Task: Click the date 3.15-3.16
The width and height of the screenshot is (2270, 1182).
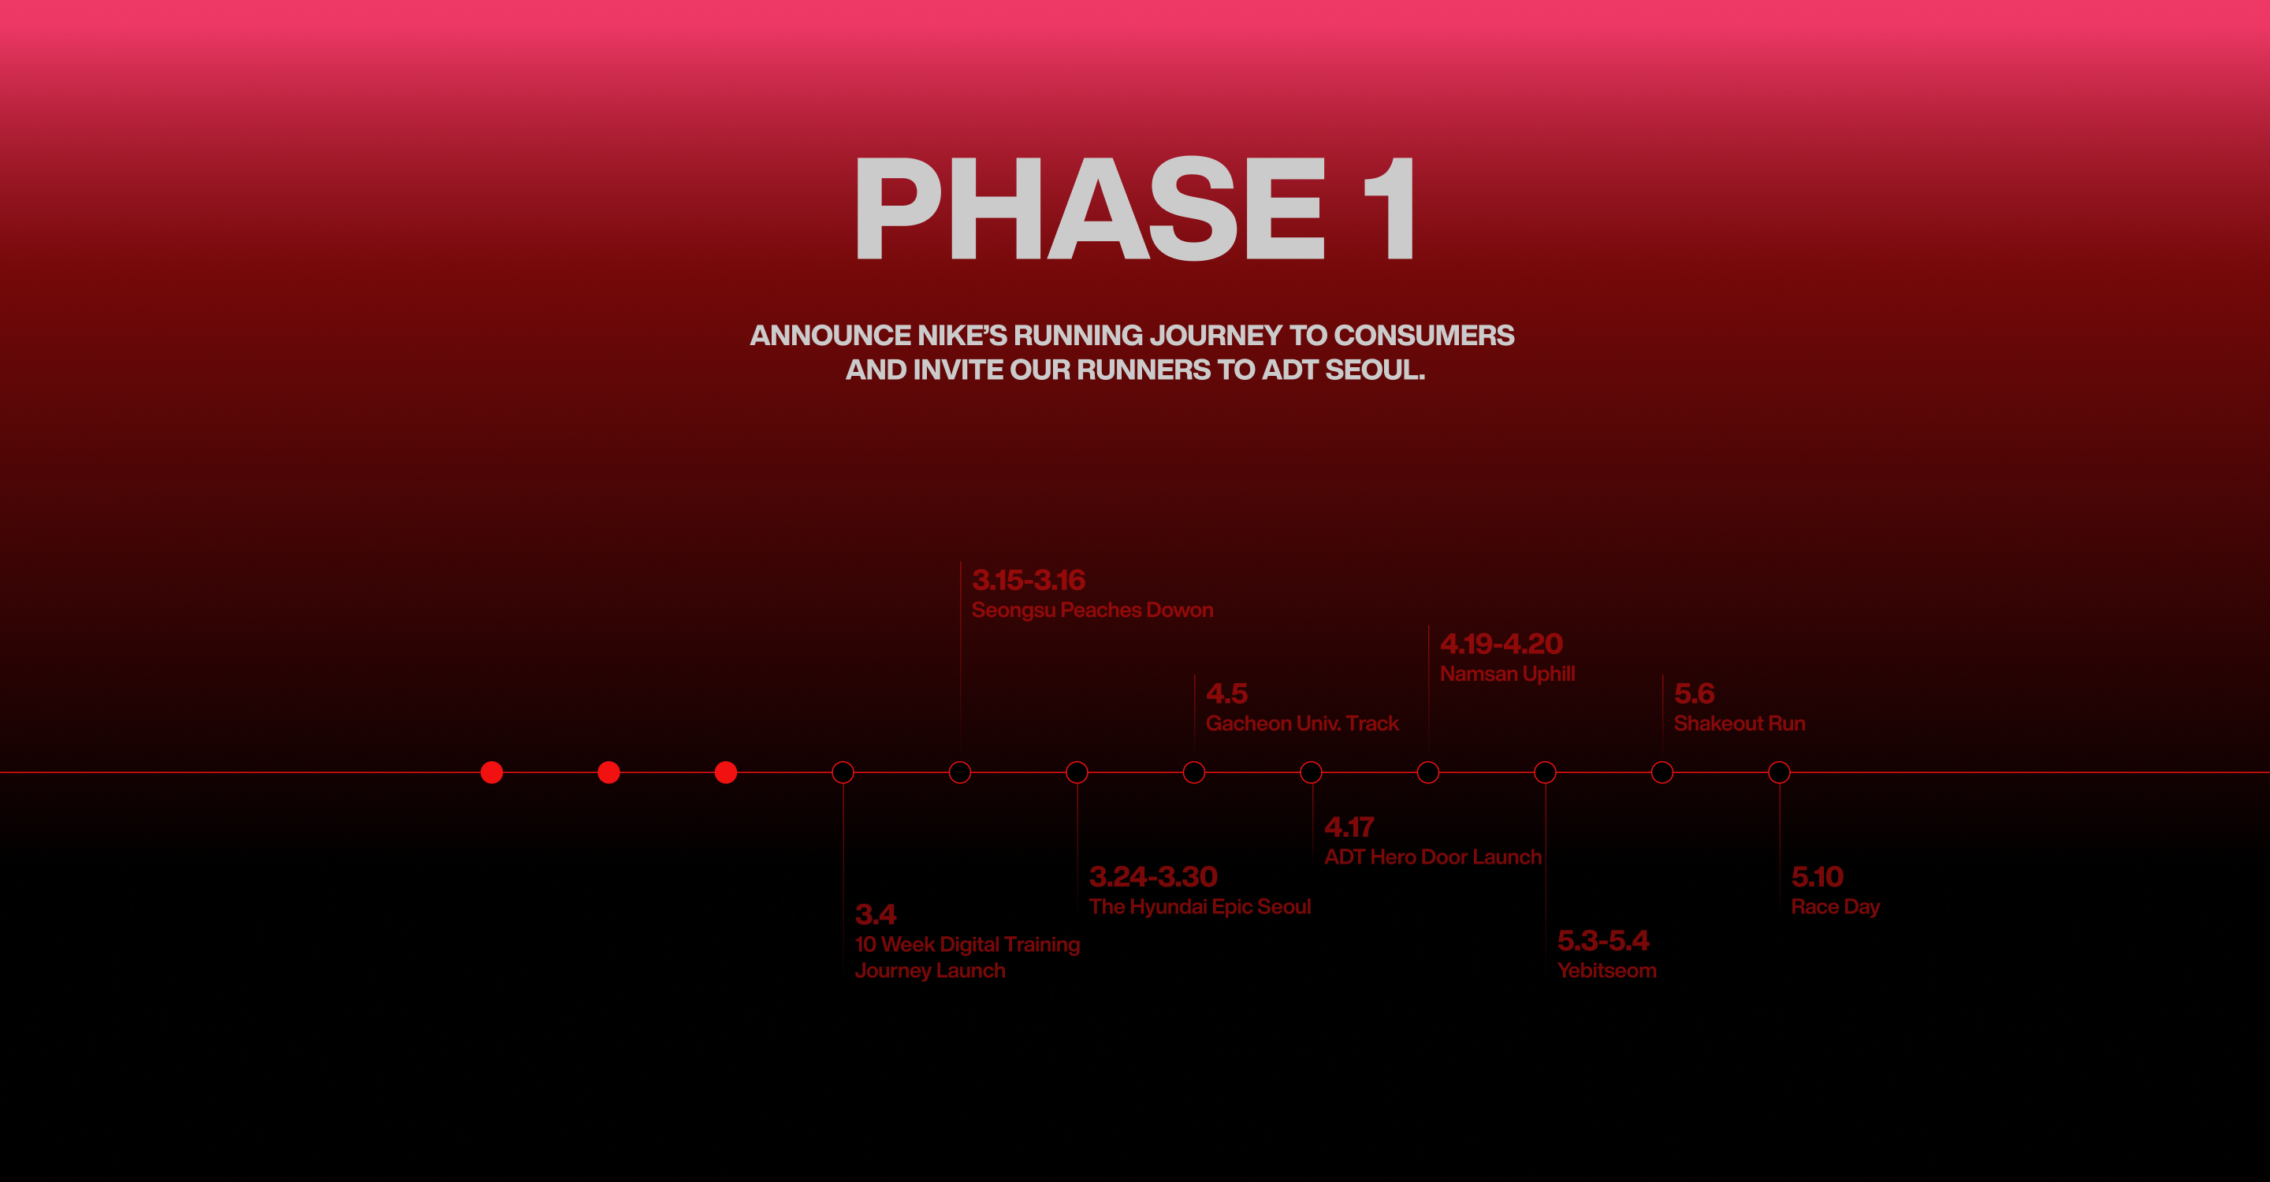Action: tap(1029, 581)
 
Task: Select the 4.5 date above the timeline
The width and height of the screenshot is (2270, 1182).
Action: tap(1226, 694)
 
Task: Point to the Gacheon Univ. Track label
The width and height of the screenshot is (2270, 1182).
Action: tap(1301, 723)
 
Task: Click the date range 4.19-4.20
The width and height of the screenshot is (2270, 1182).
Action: tap(1501, 644)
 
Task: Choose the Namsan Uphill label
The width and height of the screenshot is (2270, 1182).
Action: tap(1507, 674)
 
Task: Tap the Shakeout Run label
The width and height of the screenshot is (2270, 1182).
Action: tap(1739, 723)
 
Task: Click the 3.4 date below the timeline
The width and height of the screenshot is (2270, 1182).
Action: tap(875, 914)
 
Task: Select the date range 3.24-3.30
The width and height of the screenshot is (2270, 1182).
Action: tap(1152, 876)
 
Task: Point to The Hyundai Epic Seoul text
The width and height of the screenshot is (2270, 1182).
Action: tap(1200, 906)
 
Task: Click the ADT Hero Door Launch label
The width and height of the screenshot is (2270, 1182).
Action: tap(1433, 857)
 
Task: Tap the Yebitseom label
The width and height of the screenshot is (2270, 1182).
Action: tap(1606, 971)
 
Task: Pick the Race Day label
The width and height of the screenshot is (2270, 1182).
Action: tap(1835, 906)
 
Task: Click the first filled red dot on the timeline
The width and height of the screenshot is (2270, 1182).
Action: tap(492, 772)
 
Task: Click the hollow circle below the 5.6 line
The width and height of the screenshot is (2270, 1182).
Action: tap(1662, 761)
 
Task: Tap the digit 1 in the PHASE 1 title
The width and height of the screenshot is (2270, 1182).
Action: tap(1390, 209)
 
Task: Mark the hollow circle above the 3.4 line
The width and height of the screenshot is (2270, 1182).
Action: tap(843, 761)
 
